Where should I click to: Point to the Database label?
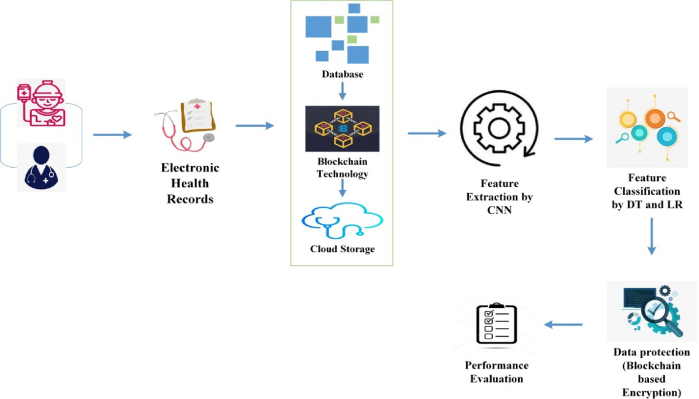(x=343, y=74)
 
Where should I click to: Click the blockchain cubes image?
(x=342, y=129)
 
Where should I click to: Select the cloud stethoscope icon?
(x=343, y=221)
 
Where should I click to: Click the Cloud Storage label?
(x=343, y=249)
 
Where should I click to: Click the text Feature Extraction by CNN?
(x=499, y=197)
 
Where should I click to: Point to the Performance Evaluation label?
(x=496, y=372)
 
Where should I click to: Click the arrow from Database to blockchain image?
(x=343, y=90)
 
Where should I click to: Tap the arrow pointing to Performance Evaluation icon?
(x=563, y=325)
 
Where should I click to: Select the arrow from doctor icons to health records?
(x=112, y=135)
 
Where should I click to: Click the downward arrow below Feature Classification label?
(x=651, y=235)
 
